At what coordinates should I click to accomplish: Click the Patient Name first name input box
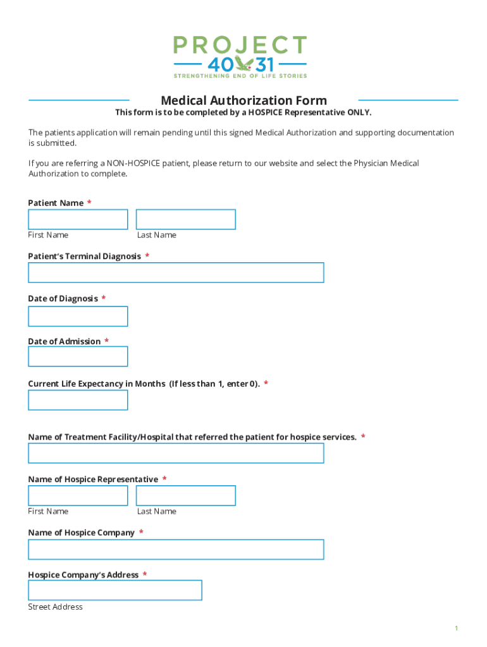point(78,219)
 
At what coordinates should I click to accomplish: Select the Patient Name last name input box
point(185,219)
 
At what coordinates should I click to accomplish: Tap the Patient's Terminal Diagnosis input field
point(176,272)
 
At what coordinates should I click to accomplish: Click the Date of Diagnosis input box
point(78,316)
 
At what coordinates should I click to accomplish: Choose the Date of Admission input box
point(78,356)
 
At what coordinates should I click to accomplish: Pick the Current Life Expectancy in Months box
point(78,400)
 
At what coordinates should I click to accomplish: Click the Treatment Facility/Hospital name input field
point(176,453)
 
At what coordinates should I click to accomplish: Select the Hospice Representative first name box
point(78,495)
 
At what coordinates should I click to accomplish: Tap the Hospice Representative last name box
point(185,495)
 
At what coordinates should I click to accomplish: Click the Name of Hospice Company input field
point(176,549)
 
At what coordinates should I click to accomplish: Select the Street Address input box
point(115,590)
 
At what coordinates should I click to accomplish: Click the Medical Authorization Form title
point(244,100)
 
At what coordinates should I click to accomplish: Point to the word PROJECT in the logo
point(240,45)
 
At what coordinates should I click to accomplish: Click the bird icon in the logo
point(243,63)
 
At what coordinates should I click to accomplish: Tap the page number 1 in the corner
point(455,628)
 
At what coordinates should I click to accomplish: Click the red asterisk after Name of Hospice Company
point(141,533)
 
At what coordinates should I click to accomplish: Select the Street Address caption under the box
point(55,607)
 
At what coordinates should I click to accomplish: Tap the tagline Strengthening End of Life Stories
point(240,76)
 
